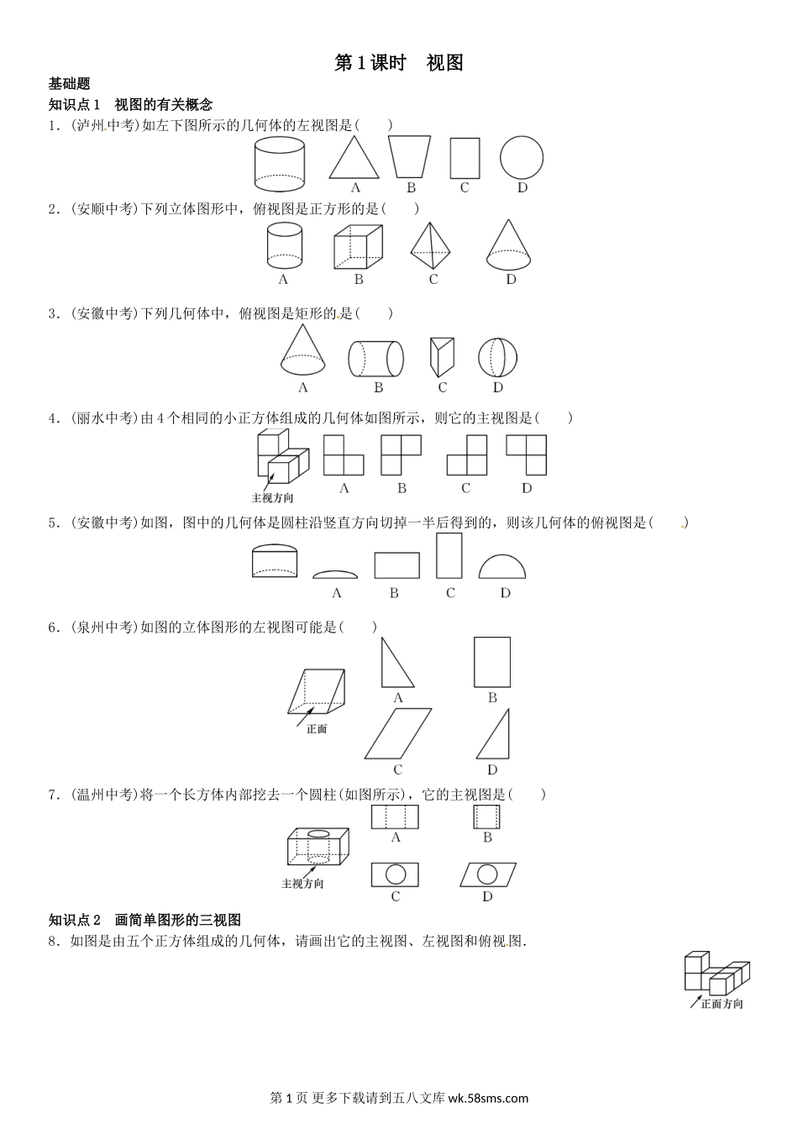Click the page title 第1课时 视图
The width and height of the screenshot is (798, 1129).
(x=399, y=63)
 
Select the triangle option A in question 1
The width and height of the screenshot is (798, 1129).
(x=354, y=158)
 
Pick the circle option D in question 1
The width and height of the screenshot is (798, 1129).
(x=522, y=157)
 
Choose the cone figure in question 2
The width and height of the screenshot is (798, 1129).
(x=510, y=245)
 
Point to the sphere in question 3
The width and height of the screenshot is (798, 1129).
(x=498, y=358)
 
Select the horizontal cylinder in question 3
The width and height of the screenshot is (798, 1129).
(x=376, y=359)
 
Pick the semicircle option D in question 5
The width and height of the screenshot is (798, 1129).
(x=503, y=567)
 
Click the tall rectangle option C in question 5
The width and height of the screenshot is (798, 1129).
(x=449, y=556)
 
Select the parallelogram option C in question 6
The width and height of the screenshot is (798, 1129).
(x=398, y=734)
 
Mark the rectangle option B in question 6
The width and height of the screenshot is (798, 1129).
(x=492, y=662)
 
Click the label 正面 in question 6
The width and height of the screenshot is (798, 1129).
(x=317, y=729)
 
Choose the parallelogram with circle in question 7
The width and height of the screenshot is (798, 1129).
(x=487, y=874)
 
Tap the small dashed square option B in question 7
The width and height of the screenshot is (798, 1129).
(x=487, y=817)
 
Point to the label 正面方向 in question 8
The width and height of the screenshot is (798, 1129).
(x=722, y=1004)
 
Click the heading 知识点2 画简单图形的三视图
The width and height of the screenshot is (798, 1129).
(x=145, y=920)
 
